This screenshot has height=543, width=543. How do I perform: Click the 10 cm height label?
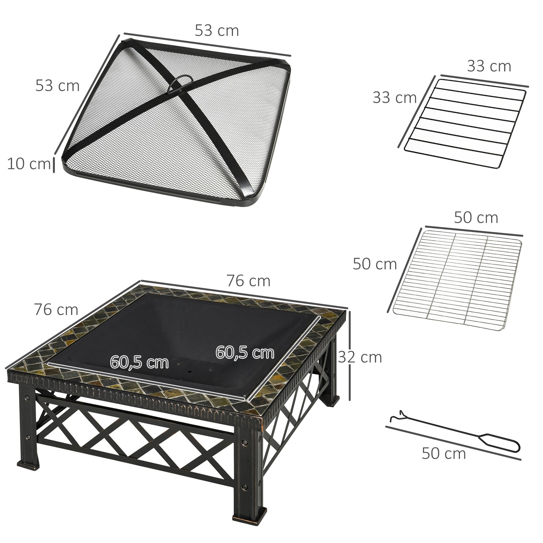(28, 164)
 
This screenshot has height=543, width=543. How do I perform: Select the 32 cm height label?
(360, 357)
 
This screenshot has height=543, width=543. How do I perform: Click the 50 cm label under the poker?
(443, 453)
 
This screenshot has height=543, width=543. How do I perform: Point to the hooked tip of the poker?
(395, 417)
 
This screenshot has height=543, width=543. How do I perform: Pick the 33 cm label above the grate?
(489, 67)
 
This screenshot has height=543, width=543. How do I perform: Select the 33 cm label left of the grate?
(395, 98)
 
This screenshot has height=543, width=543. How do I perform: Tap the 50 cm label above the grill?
(476, 218)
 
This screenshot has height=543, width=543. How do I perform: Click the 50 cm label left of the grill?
(375, 264)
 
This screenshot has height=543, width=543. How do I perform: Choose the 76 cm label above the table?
(248, 281)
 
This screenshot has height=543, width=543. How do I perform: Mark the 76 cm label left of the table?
(56, 310)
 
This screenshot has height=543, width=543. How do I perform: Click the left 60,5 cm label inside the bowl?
(139, 363)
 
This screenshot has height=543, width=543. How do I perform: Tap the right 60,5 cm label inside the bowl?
(245, 352)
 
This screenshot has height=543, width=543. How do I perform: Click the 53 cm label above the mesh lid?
(217, 31)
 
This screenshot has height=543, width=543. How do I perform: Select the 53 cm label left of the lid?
(57, 86)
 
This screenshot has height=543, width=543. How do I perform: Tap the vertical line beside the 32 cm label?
(349, 355)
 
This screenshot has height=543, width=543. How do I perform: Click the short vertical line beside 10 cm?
(54, 165)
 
